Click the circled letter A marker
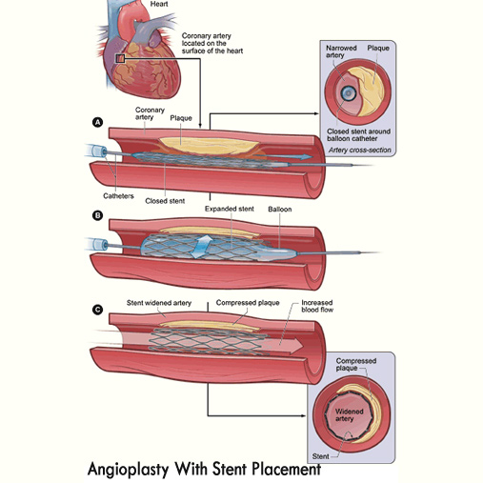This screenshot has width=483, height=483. [x=97, y=122]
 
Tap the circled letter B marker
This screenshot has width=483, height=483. [x=97, y=215]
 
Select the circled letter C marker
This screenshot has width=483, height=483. [x=97, y=310]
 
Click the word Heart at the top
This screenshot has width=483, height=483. [x=159, y=4]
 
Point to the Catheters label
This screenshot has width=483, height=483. [x=118, y=196]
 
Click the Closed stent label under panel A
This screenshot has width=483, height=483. [x=165, y=201]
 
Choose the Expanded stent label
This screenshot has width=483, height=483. [x=230, y=209]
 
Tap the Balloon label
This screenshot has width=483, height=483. [x=280, y=210]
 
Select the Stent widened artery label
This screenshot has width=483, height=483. [x=159, y=303]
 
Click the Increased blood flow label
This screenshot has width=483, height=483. [x=317, y=306]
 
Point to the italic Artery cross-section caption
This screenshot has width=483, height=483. [x=360, y=150]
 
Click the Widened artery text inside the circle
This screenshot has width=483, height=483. [x=349, y=415]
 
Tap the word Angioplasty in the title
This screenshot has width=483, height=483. [x=128, y=469]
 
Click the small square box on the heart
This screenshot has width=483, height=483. [x=120, y=59]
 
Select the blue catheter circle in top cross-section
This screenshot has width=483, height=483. [x=349, y=93]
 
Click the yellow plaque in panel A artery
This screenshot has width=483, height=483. [x=208, y=146]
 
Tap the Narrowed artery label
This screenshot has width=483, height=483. [x=341, y=51]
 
